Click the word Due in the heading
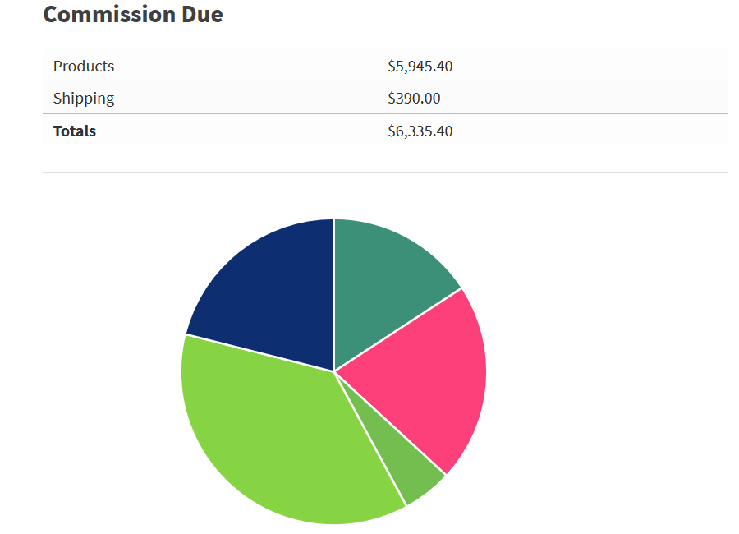coord(200,14)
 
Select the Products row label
coord(84,66)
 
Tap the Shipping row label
coord(84,99)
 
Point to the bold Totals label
coord(75,131)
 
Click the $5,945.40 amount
coord(420,66)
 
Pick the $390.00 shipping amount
coord(414,99)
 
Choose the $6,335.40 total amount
coord(420,131)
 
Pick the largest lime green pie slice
coord(271,435)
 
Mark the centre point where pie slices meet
coord(334,371)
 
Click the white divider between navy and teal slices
coord(334,296)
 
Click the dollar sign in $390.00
coord(392,99)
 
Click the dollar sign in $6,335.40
coord(392,131)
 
